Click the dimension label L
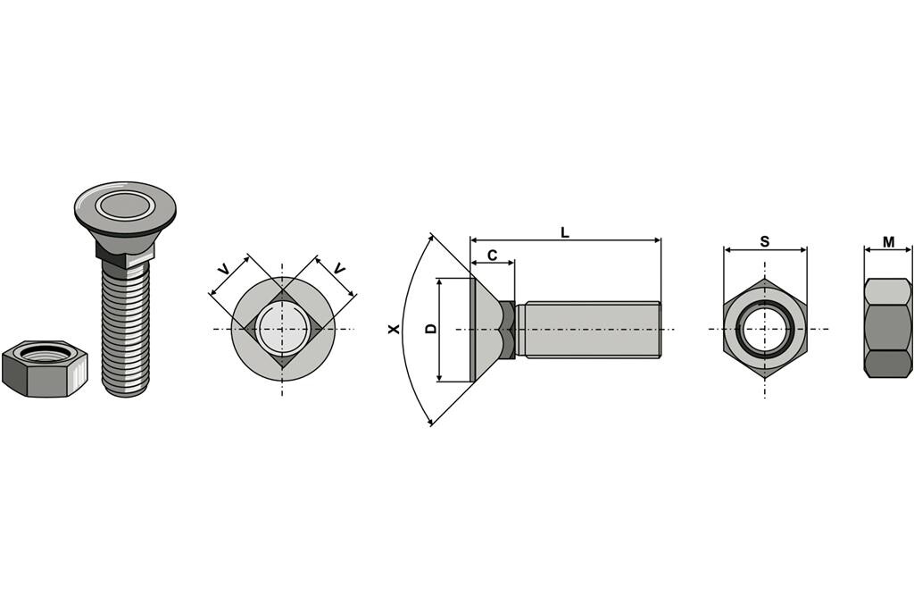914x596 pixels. click(x=564, y=233)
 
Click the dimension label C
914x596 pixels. click(x=492, y=255)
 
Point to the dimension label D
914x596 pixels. click(x=431, y=329)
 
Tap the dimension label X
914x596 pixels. click(x=394, y=329)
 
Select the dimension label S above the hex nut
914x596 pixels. click(x=765, y=241)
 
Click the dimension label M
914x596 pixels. click(x=888, y=241)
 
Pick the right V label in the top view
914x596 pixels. click(x=339, y=269)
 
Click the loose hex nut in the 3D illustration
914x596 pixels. click(x=45, y=368)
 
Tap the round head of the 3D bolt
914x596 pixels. click(x=125, y=208)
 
